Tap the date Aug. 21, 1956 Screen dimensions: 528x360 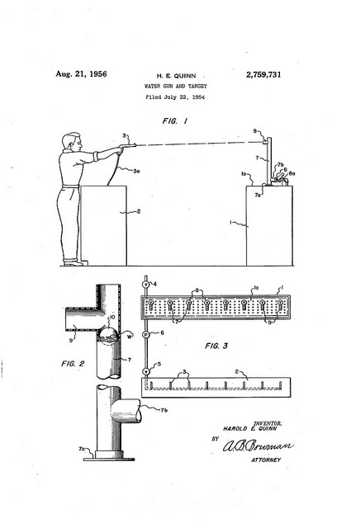coord(81,75)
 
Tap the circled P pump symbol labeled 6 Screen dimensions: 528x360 coord(146,334)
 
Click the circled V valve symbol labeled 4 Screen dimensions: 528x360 coord(146,285)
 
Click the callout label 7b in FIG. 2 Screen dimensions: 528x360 coord(164,409)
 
